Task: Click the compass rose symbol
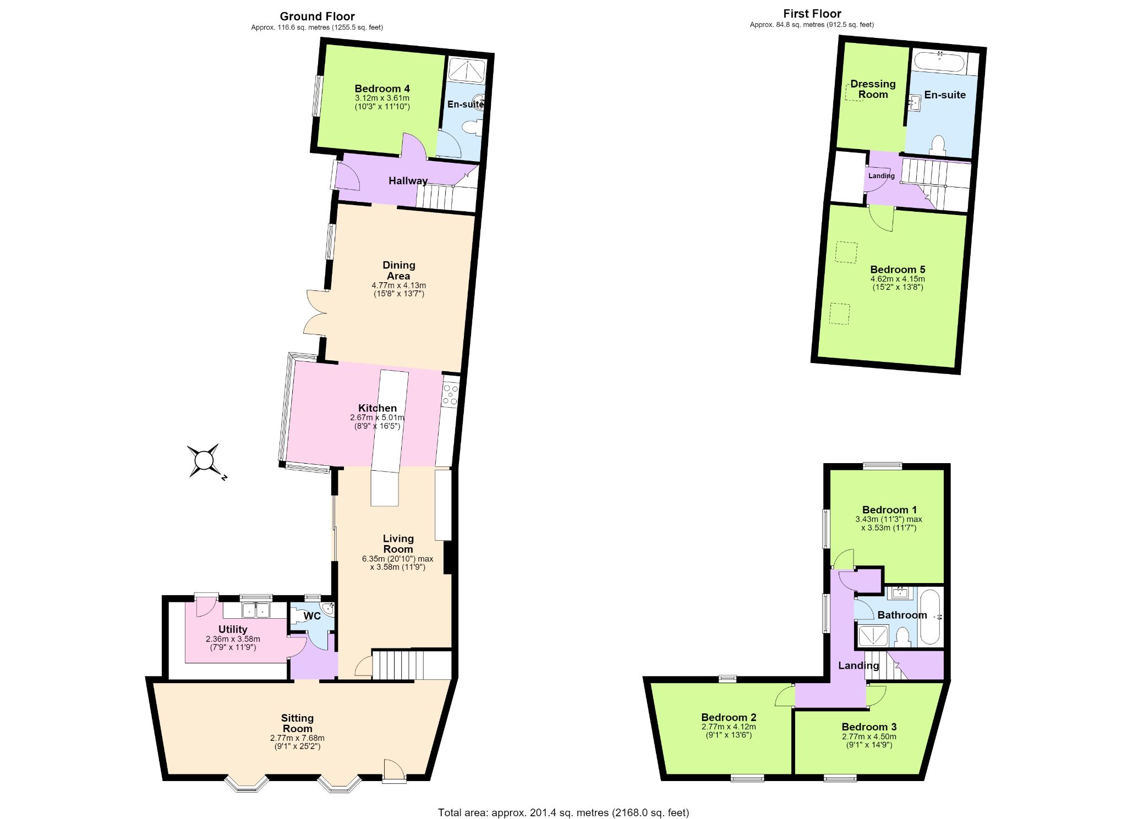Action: point(204,460)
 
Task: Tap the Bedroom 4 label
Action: point(382,89)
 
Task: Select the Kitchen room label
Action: point(378,408)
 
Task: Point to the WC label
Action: point(312,616)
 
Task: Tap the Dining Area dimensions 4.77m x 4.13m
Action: point(399,285)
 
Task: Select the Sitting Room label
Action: point(297,723)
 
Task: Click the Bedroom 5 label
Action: point(898,270)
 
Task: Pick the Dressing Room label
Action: point(873,89)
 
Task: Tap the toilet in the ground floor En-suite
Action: point(471,128)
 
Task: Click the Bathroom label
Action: point(902,615)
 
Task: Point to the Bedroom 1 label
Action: point(889,510)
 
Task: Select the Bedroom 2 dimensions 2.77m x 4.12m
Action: point(729,727)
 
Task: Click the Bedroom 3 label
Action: point(869,727)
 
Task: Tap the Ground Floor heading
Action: point(318,17)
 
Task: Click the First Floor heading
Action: point(812,14)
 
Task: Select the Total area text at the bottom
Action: point(563,812)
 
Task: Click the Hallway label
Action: point(408,181)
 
